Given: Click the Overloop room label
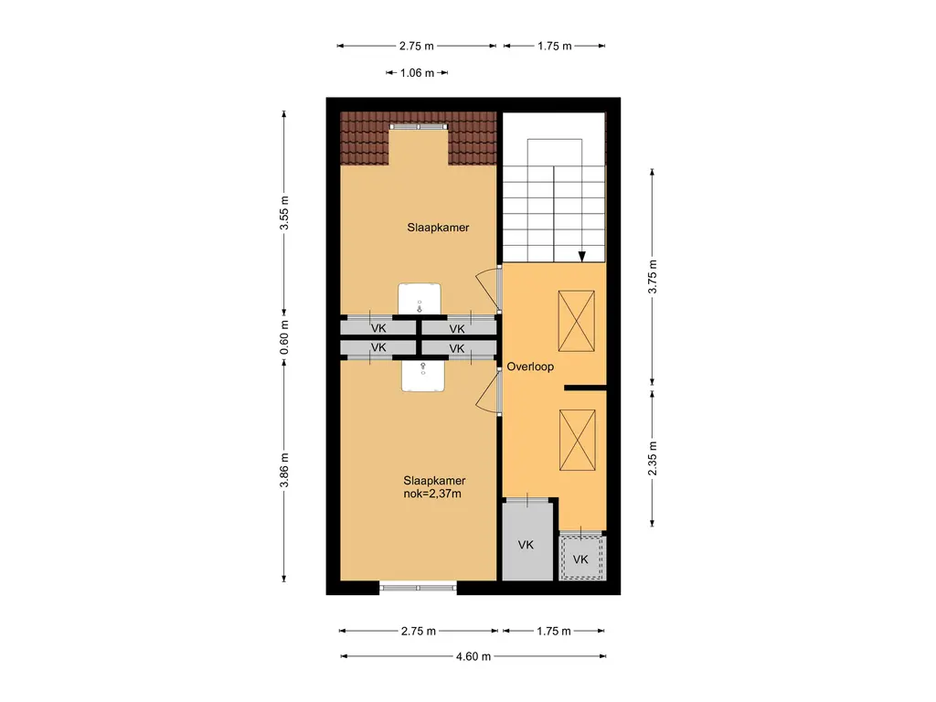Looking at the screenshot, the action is point(530,367).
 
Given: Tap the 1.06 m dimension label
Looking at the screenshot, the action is point(417,73).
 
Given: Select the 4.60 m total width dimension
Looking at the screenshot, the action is point(473,656).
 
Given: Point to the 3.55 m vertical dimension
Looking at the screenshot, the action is point(285,212).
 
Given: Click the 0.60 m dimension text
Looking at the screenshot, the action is point(285,337).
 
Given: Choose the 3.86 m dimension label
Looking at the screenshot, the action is point(285,470).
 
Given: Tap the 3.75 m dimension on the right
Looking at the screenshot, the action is point(653,276).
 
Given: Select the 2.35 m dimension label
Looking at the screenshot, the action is point(653,459).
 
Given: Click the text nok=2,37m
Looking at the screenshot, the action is point(432,494).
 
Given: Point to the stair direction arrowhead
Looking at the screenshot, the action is point(582,257).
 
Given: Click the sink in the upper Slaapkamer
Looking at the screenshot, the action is point(420,299).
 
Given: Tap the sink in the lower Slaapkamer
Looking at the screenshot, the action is point(422,376).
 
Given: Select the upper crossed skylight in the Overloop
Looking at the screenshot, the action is point(576,321).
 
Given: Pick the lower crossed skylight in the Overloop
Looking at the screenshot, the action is point(578,440).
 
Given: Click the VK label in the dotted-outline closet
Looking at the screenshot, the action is point(580,559).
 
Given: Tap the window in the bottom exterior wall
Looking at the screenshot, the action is point(418,588).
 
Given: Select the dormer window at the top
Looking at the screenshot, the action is point(419,126).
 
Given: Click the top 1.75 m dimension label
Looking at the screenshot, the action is point(555,46).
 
